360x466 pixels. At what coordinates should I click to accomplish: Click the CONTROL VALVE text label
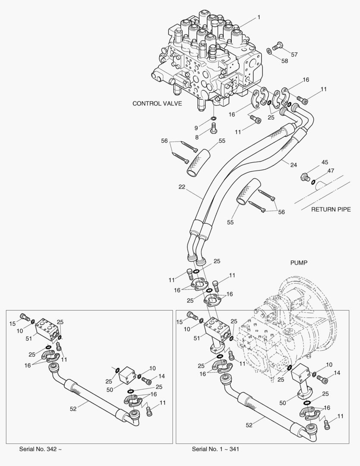[157, 104]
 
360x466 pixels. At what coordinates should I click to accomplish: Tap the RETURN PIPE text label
[331, 210]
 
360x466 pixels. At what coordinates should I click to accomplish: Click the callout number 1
[259, 17]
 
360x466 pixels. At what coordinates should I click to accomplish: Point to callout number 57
[294, 55]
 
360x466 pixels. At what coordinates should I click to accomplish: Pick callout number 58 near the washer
[285, 61]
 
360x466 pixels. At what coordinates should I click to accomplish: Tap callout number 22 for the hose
[182, 186]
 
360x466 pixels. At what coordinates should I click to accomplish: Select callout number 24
[294, 164]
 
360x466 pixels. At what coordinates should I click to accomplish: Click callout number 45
[324, 163]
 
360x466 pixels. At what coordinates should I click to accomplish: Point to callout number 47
[330, 171]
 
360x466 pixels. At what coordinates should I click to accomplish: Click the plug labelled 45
[305, 177]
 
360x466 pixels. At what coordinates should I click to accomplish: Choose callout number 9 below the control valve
[196, 128]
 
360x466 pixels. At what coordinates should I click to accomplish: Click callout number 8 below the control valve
[197, 137]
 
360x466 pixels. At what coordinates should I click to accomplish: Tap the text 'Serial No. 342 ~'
[40, 449]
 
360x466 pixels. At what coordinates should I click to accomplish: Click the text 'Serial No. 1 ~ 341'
[216, 449]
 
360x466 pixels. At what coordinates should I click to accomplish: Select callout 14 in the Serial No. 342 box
[161, 375]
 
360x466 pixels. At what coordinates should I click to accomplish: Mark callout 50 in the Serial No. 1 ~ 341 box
[282, 403]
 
